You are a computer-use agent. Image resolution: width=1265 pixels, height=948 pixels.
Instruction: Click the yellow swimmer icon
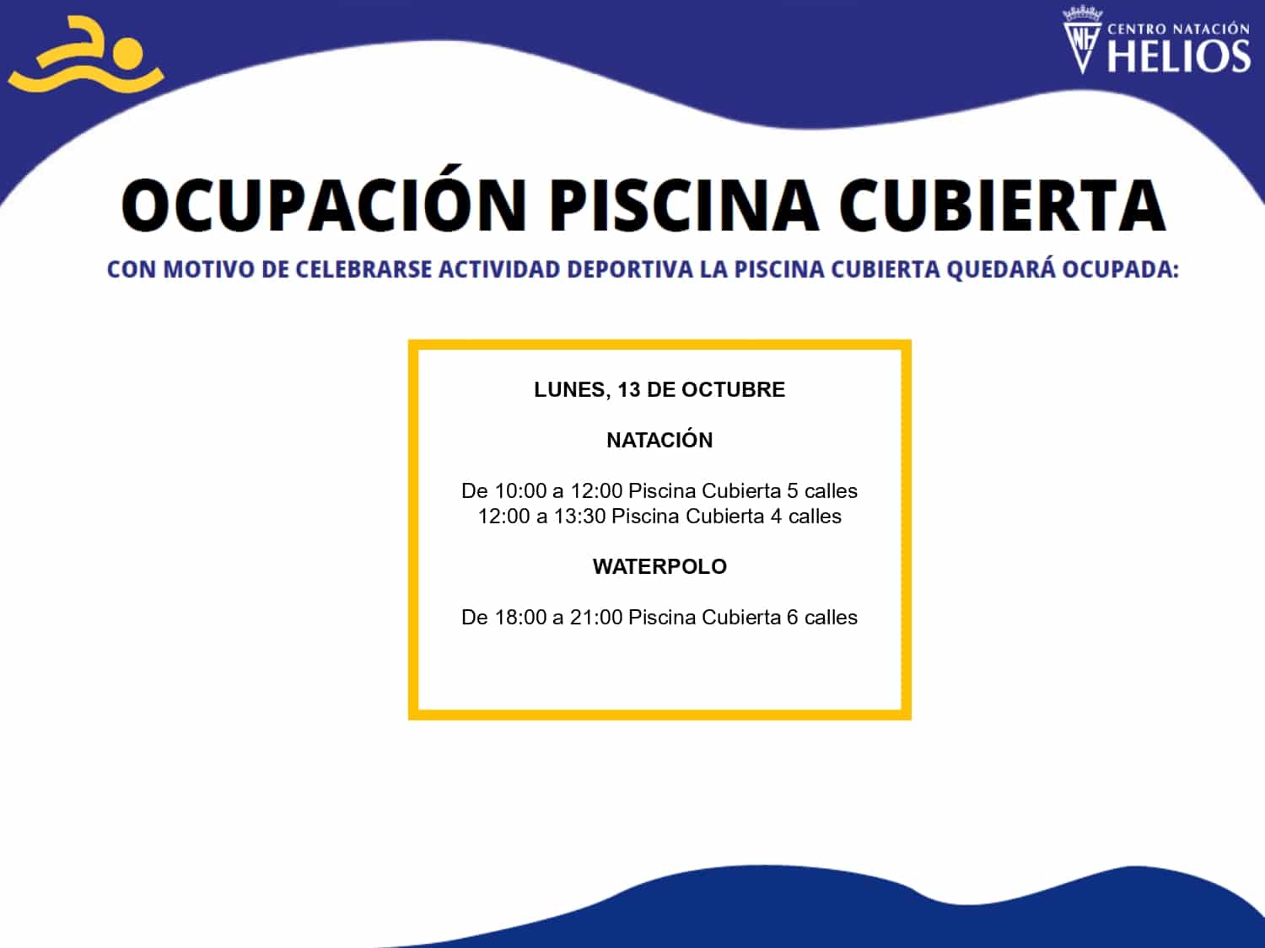87,56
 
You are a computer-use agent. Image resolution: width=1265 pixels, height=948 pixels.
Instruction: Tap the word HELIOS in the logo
1179,56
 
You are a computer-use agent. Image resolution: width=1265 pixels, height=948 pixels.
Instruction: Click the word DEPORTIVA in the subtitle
630,270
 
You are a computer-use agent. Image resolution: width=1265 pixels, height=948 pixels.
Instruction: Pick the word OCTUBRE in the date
733,389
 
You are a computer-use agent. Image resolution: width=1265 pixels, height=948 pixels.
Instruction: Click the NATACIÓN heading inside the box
659,439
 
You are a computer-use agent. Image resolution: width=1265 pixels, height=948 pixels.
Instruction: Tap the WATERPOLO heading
659,566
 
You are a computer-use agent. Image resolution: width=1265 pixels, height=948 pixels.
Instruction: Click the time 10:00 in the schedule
520,490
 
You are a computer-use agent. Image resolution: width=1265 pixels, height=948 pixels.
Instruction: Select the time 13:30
579,516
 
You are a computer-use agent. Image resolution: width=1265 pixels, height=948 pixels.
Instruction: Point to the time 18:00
520,617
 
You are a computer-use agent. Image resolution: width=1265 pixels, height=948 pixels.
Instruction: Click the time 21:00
596,617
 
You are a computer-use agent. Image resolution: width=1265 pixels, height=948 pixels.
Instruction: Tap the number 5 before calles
793,490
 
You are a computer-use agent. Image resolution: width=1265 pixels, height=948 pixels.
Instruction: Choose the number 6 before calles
793,617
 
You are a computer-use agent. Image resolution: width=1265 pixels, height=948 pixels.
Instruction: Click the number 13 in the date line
629,389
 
